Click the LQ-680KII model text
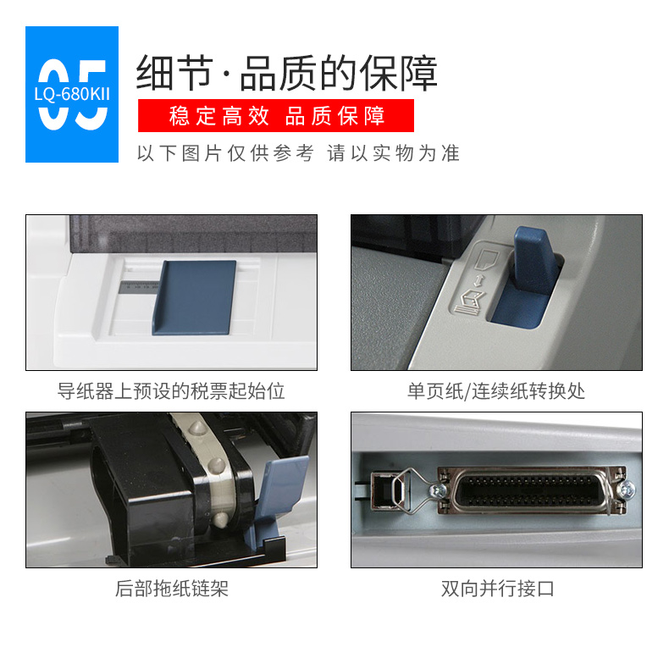click(72, 94)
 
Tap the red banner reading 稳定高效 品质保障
click(275, 116)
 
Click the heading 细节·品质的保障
click(287, 73)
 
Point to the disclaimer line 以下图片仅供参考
click(225, 153)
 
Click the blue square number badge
click(72, 94)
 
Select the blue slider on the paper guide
click(194, 297)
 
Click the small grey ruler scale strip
click(138, 287)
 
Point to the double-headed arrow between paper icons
click(478, 280)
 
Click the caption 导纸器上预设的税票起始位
click(171, 391)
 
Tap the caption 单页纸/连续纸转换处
click(496, 391)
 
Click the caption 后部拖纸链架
click(172, 589)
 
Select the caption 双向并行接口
click(497, 589)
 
